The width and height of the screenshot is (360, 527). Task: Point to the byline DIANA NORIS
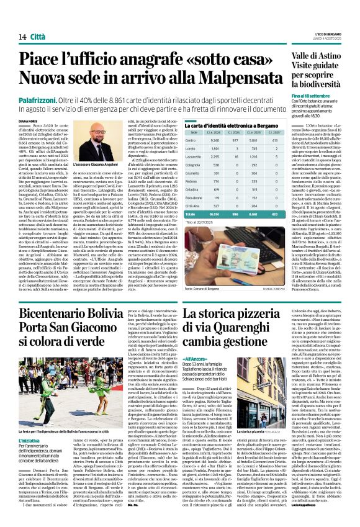click(x=22, y=121)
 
